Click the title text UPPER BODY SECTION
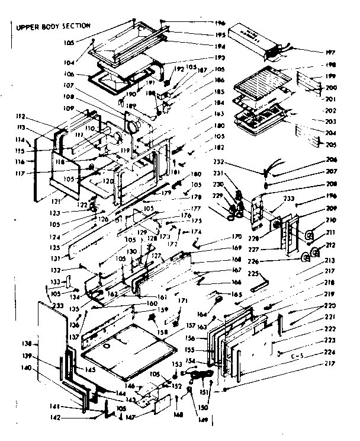tap(53, 25)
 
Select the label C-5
tap(298, 356)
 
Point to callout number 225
tap(253, 274)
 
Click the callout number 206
tap(331, 161)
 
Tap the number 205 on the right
tap(330, 145)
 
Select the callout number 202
tap(330, 110)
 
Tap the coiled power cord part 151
tap(201, 375)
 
